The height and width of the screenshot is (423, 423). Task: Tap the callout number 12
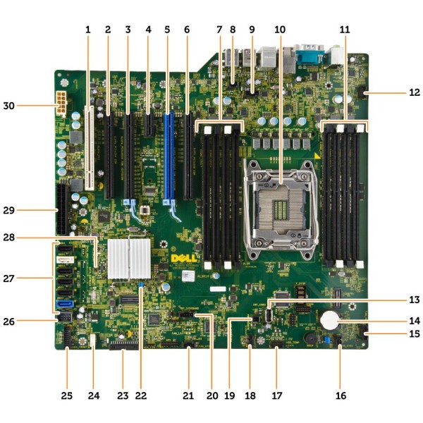pos(414,92)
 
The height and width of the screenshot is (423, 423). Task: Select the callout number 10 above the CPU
pos(281,30)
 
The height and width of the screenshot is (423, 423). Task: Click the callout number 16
pos(341,396)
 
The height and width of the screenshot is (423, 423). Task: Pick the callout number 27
pos(9,279)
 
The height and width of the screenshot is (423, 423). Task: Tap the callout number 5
pos(167,30)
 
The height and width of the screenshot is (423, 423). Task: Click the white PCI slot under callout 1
pos(90,148)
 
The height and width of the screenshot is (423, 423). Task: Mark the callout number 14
pos(414,320)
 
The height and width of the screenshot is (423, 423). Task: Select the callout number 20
pos(211,396)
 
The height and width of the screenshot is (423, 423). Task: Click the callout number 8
pos(232,30)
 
